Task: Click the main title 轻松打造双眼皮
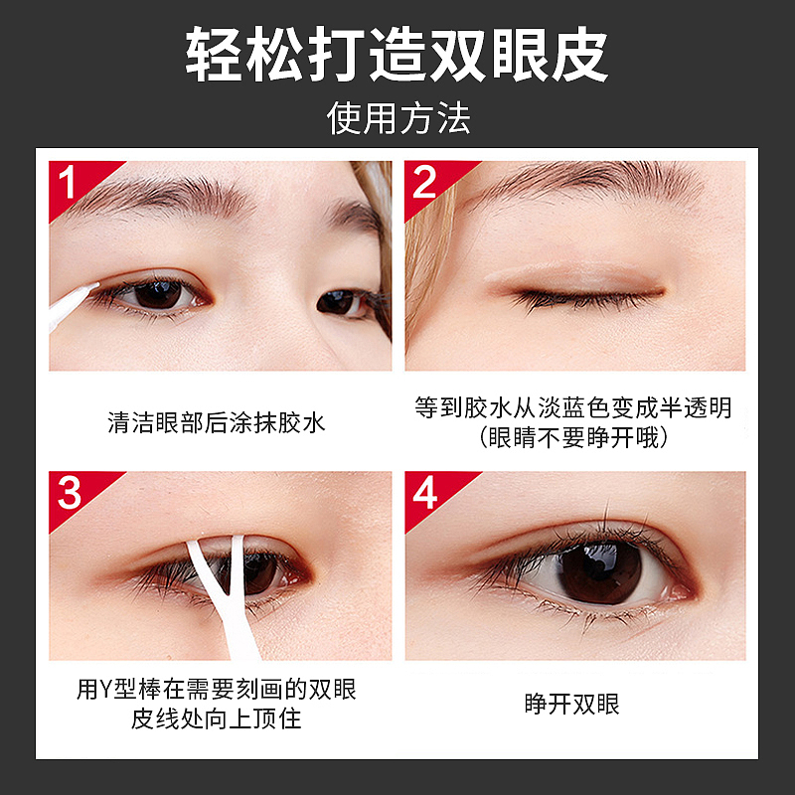pos(397,55)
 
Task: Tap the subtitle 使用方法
pos(397,118)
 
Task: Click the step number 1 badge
pos(68,182)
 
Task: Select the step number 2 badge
pos(425,182)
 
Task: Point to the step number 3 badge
pos(69,492)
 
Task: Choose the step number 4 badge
pos(425,492)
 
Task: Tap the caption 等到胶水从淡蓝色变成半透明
pos(573,408)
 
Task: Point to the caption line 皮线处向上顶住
pos(217,717)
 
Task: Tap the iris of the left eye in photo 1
pos(157,294)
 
